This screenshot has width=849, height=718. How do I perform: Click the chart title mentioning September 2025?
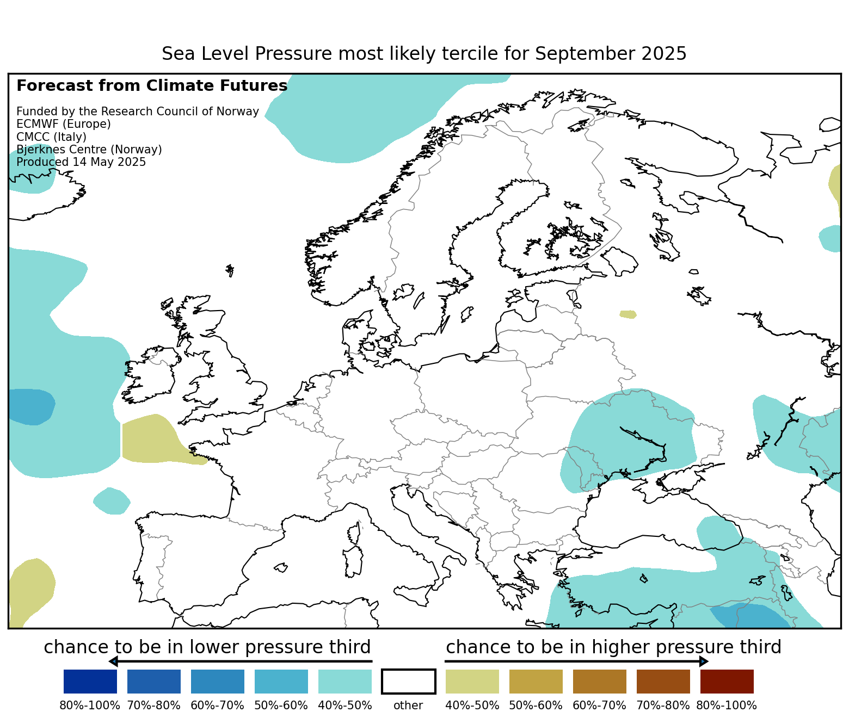(x=424, y=54)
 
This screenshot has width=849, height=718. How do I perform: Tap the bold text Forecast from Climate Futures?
(x=152, y=86)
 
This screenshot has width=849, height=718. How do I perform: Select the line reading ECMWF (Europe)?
(x=64, y=124)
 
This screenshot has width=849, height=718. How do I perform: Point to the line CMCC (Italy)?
(x=51, y=137)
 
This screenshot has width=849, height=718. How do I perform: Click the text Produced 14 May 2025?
(x=81, y=162)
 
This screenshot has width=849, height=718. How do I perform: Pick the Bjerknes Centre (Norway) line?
(x=89, y=150)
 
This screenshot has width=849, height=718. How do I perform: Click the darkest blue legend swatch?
(x=90, y=682)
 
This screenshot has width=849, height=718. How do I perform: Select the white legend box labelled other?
(x=409, y=682)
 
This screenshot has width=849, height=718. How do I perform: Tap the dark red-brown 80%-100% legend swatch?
(x=727, y=682)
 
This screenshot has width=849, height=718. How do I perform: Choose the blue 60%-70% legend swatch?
(x=218, y=682)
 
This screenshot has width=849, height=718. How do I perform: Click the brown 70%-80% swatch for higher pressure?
(x=663, y=682)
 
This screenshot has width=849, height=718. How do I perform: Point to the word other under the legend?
(x=408, y=705)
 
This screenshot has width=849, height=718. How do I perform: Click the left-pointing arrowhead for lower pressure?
(x=113, y=661)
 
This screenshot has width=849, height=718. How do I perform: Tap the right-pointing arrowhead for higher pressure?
(x=704, y=661)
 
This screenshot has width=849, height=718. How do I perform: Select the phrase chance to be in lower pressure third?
(x=207, y=647)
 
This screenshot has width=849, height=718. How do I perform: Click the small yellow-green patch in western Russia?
(x=628, y=314)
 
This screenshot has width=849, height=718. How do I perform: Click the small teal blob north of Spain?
(x=112, y=501)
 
